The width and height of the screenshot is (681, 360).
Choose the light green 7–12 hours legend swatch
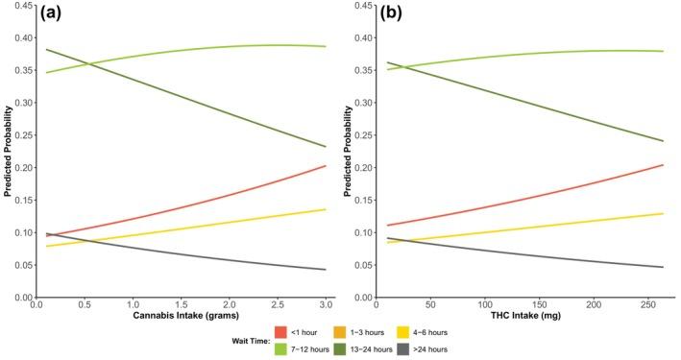tap(282, 348)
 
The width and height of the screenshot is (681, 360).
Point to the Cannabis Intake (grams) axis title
tap(181, 316)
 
